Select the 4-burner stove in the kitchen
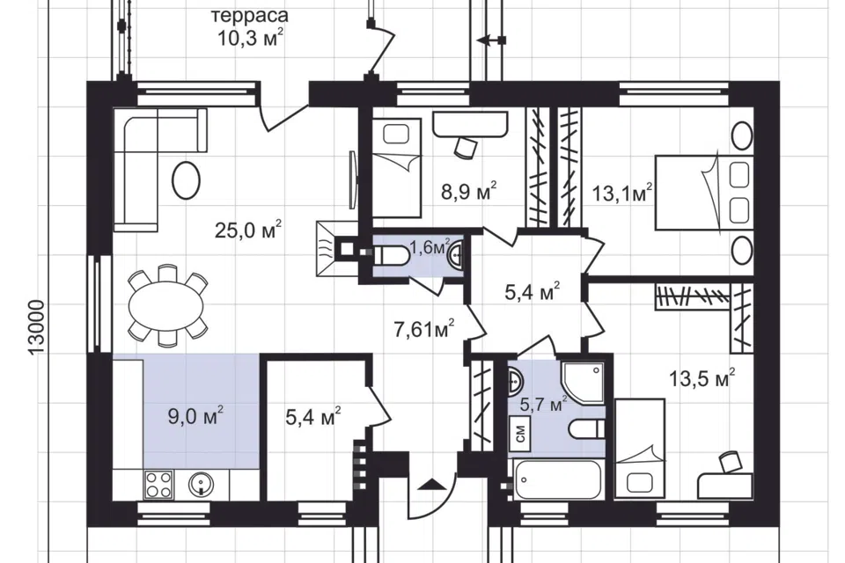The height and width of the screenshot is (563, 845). tap(159, 484)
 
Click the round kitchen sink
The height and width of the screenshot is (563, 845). tap(202, 484)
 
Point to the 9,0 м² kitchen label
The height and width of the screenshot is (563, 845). tap(195, 415)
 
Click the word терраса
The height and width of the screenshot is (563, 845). tap(250, 16)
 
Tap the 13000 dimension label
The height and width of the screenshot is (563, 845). tap(37, 327)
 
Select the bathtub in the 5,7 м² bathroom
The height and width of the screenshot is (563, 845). tap(558, 479)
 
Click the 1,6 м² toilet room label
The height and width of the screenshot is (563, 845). tap(430, 248)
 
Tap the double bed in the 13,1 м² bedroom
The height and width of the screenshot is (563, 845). tap(703, 193)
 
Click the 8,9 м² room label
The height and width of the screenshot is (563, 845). tap(468, 191)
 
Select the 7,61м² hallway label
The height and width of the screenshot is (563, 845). tap(424, 328)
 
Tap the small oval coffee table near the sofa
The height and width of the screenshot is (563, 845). tap(186, 181)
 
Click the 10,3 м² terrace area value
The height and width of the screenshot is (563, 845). tap(251, 38)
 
